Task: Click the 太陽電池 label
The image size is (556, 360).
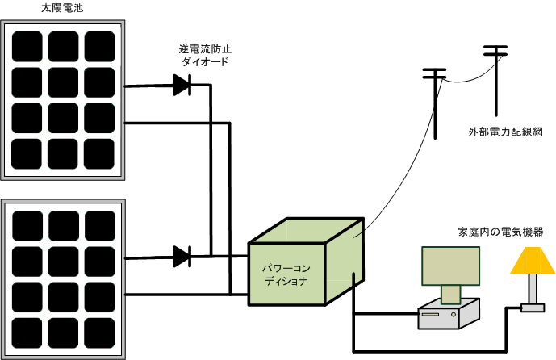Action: coord(61,10)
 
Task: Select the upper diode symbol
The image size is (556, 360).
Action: coord(182,83)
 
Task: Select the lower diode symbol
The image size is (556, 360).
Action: coord(182,257)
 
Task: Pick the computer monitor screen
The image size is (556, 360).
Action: coord(449,266)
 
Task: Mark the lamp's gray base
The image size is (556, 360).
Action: coord(533,308)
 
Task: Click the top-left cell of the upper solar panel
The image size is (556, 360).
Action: coord(27,45)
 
